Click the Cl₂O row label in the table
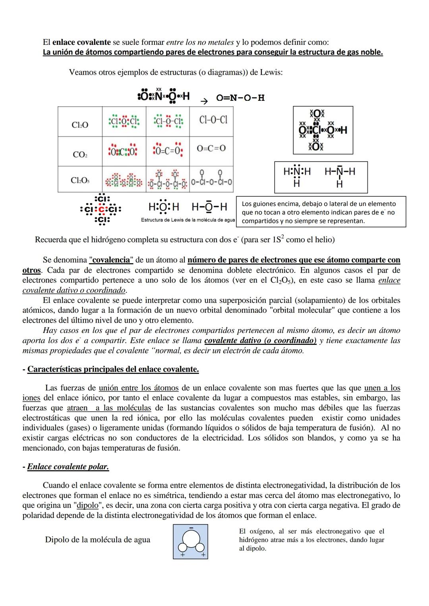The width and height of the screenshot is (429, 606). [x=80, y=125]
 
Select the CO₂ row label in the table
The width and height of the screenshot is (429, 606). [x=80, y=154]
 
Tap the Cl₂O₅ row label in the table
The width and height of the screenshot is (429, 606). [x=80, y=180]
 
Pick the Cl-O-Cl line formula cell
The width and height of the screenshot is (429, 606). [x=213, y=120]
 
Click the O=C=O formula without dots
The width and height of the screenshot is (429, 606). [x=211, y=148]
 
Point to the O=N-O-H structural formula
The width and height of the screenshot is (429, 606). [x=240, y=98]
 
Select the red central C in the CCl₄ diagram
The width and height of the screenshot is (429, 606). [x=101, y=209]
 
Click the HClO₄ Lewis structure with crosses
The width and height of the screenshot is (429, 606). [x=323, y=130]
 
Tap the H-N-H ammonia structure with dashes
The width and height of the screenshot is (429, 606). [x=340, y=176]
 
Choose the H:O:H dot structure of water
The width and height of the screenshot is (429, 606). [x=164, y=207]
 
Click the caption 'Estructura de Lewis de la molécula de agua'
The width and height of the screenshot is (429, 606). [x=188, y=220]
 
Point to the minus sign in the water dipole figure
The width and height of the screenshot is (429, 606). [x=191, y=528]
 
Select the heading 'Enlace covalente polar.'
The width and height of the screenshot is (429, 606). [x=68, y=466]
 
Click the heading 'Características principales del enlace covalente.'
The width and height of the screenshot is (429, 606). [x=113, y=369]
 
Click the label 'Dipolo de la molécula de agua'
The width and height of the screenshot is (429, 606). [x=98, y=540]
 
